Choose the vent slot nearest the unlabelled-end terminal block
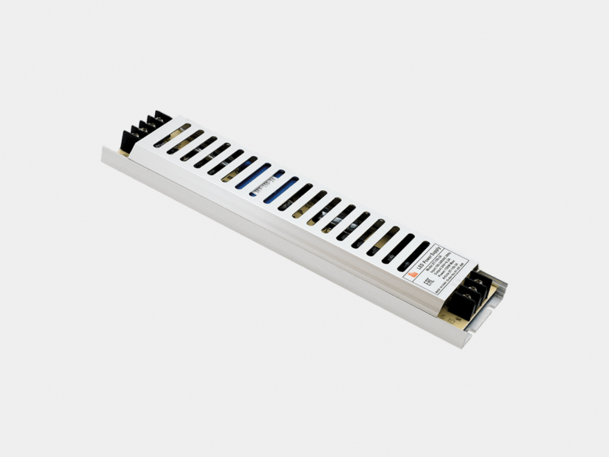[172, 136]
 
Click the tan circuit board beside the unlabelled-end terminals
[125, 151]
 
